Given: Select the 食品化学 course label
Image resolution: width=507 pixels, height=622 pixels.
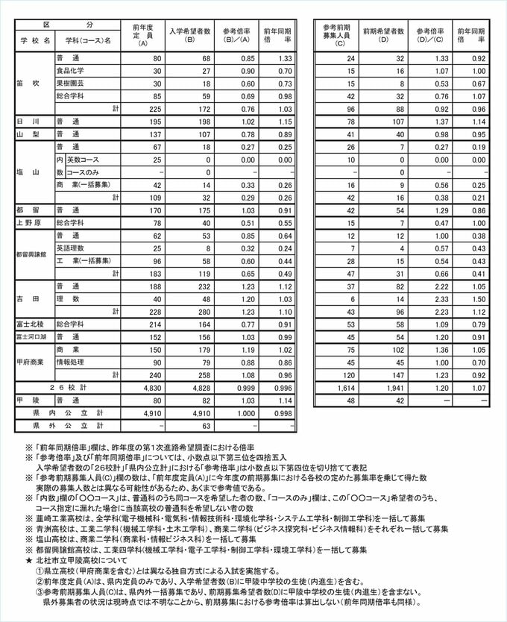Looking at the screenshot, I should [x=71, y=70].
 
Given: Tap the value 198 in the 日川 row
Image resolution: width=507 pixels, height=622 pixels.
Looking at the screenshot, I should [x=201, y=121].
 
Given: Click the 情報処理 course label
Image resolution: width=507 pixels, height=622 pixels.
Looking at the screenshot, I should [x=71, y=362].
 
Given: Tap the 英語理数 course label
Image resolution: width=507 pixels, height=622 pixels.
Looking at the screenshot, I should [x=71, y=248].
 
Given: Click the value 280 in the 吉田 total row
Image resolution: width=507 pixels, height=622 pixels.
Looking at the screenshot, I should [x=201, y=311].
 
